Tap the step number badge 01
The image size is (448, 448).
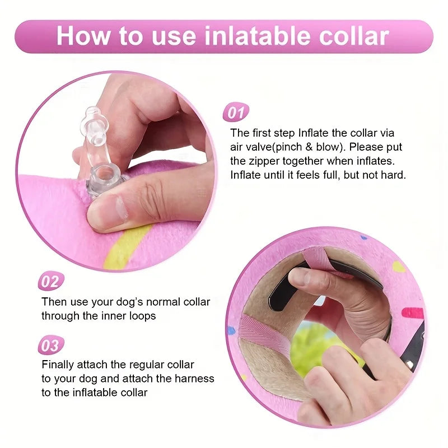click(x=236, y=113)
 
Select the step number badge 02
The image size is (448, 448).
click(x=51, y=281)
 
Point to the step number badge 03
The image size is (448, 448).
click(x=51, y=346)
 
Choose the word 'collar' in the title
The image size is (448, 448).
click(x=352, y=36)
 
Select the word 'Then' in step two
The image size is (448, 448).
click(x=54, y=302)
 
